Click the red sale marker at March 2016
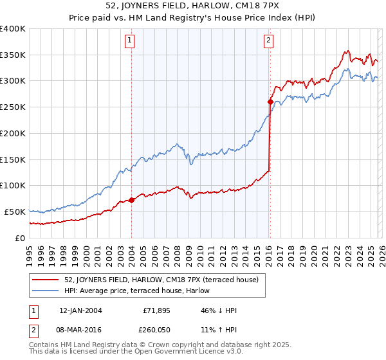tap(270, 102)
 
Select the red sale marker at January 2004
tap(131, 200)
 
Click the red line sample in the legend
tap(46, 280)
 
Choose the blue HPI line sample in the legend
tap(46, 291)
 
